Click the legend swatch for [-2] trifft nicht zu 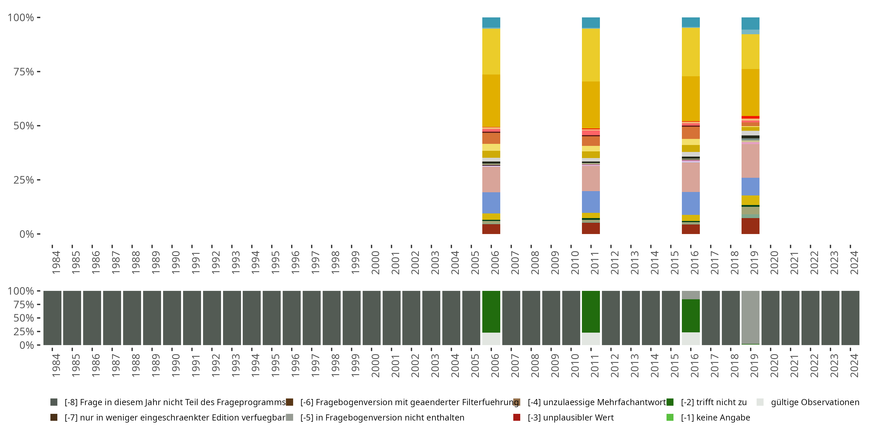coord(670,402)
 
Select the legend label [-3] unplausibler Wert coord(570,418)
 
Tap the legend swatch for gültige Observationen coord(760,402)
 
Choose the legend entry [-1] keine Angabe coord(715,418)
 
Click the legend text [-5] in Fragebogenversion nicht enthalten coord(382,418)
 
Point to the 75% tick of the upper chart coord(39,72)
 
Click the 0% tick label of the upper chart coord(27,234)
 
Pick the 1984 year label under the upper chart coord(56,262)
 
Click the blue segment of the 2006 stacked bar coord(491,203)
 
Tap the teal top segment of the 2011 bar coord(591,22)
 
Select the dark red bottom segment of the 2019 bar coord(750,226)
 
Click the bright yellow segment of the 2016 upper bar coord(691,52)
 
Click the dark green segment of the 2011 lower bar coord(591,311)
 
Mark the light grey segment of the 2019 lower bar coord(750,317)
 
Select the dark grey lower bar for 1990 coord(172,318)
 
